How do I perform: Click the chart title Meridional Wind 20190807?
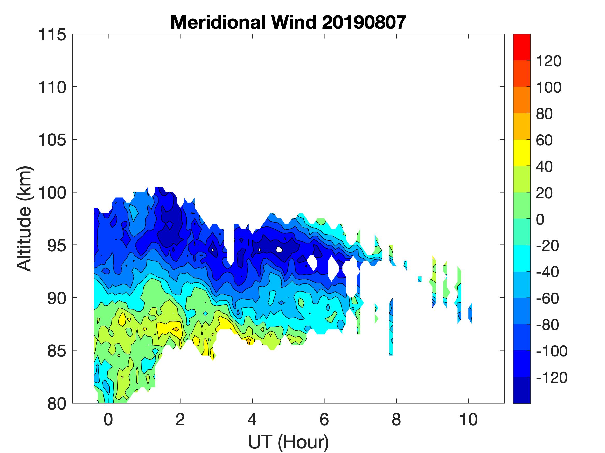(x=288, y=22)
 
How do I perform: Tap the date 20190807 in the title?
(x=364, y=22)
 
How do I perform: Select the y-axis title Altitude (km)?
(x=25, y=218)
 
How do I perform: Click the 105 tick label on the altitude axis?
(x=52, y=140)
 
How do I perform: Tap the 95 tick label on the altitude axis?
(x=57, y=245)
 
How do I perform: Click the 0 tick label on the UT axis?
(x=108, y=419)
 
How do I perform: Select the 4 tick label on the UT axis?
(x=252, y=419)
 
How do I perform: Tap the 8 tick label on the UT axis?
(x=396, y=419)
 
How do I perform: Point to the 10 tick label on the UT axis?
(x=469, y=419)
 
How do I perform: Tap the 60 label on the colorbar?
(x=545, y=140)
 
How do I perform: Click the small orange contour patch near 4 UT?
(x=249, y=341)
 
